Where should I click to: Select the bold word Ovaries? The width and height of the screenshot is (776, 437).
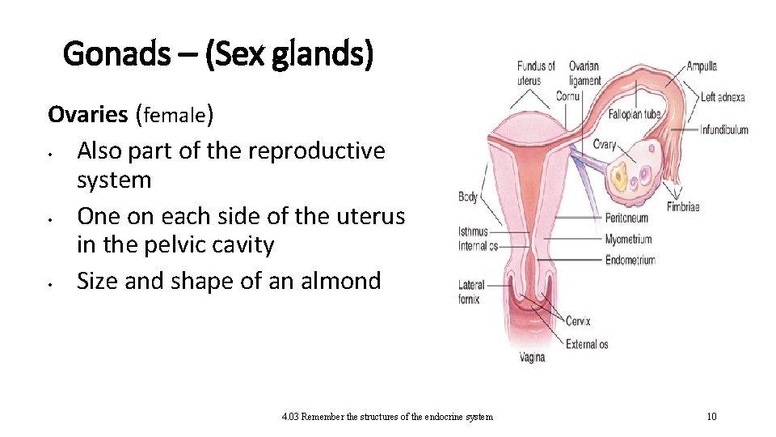tap(88, 114)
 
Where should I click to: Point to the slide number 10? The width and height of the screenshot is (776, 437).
tap(711, 417)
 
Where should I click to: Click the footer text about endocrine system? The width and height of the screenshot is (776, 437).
tap(387, 417)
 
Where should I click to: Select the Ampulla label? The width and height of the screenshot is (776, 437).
tap(702, 66)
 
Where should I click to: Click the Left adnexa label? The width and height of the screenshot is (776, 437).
tap(722, 97)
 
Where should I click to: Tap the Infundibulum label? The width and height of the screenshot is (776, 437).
tap(724, 129)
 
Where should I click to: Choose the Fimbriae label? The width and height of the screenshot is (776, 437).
tap(682, 207)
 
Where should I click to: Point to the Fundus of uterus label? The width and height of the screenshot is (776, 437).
tap(536, 73)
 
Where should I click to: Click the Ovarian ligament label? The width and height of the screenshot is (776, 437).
tap(584, 73)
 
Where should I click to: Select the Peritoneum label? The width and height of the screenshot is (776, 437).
tap(626, 218)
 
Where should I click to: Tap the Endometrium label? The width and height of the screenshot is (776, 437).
tap(630, 260)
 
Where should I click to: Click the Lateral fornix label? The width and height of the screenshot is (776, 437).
tap(471, 292)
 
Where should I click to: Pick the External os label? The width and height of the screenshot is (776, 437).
tap(587, 344)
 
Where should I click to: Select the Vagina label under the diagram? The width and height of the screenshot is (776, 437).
tap(531, 357)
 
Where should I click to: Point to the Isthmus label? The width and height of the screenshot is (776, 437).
tap(473, 232)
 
